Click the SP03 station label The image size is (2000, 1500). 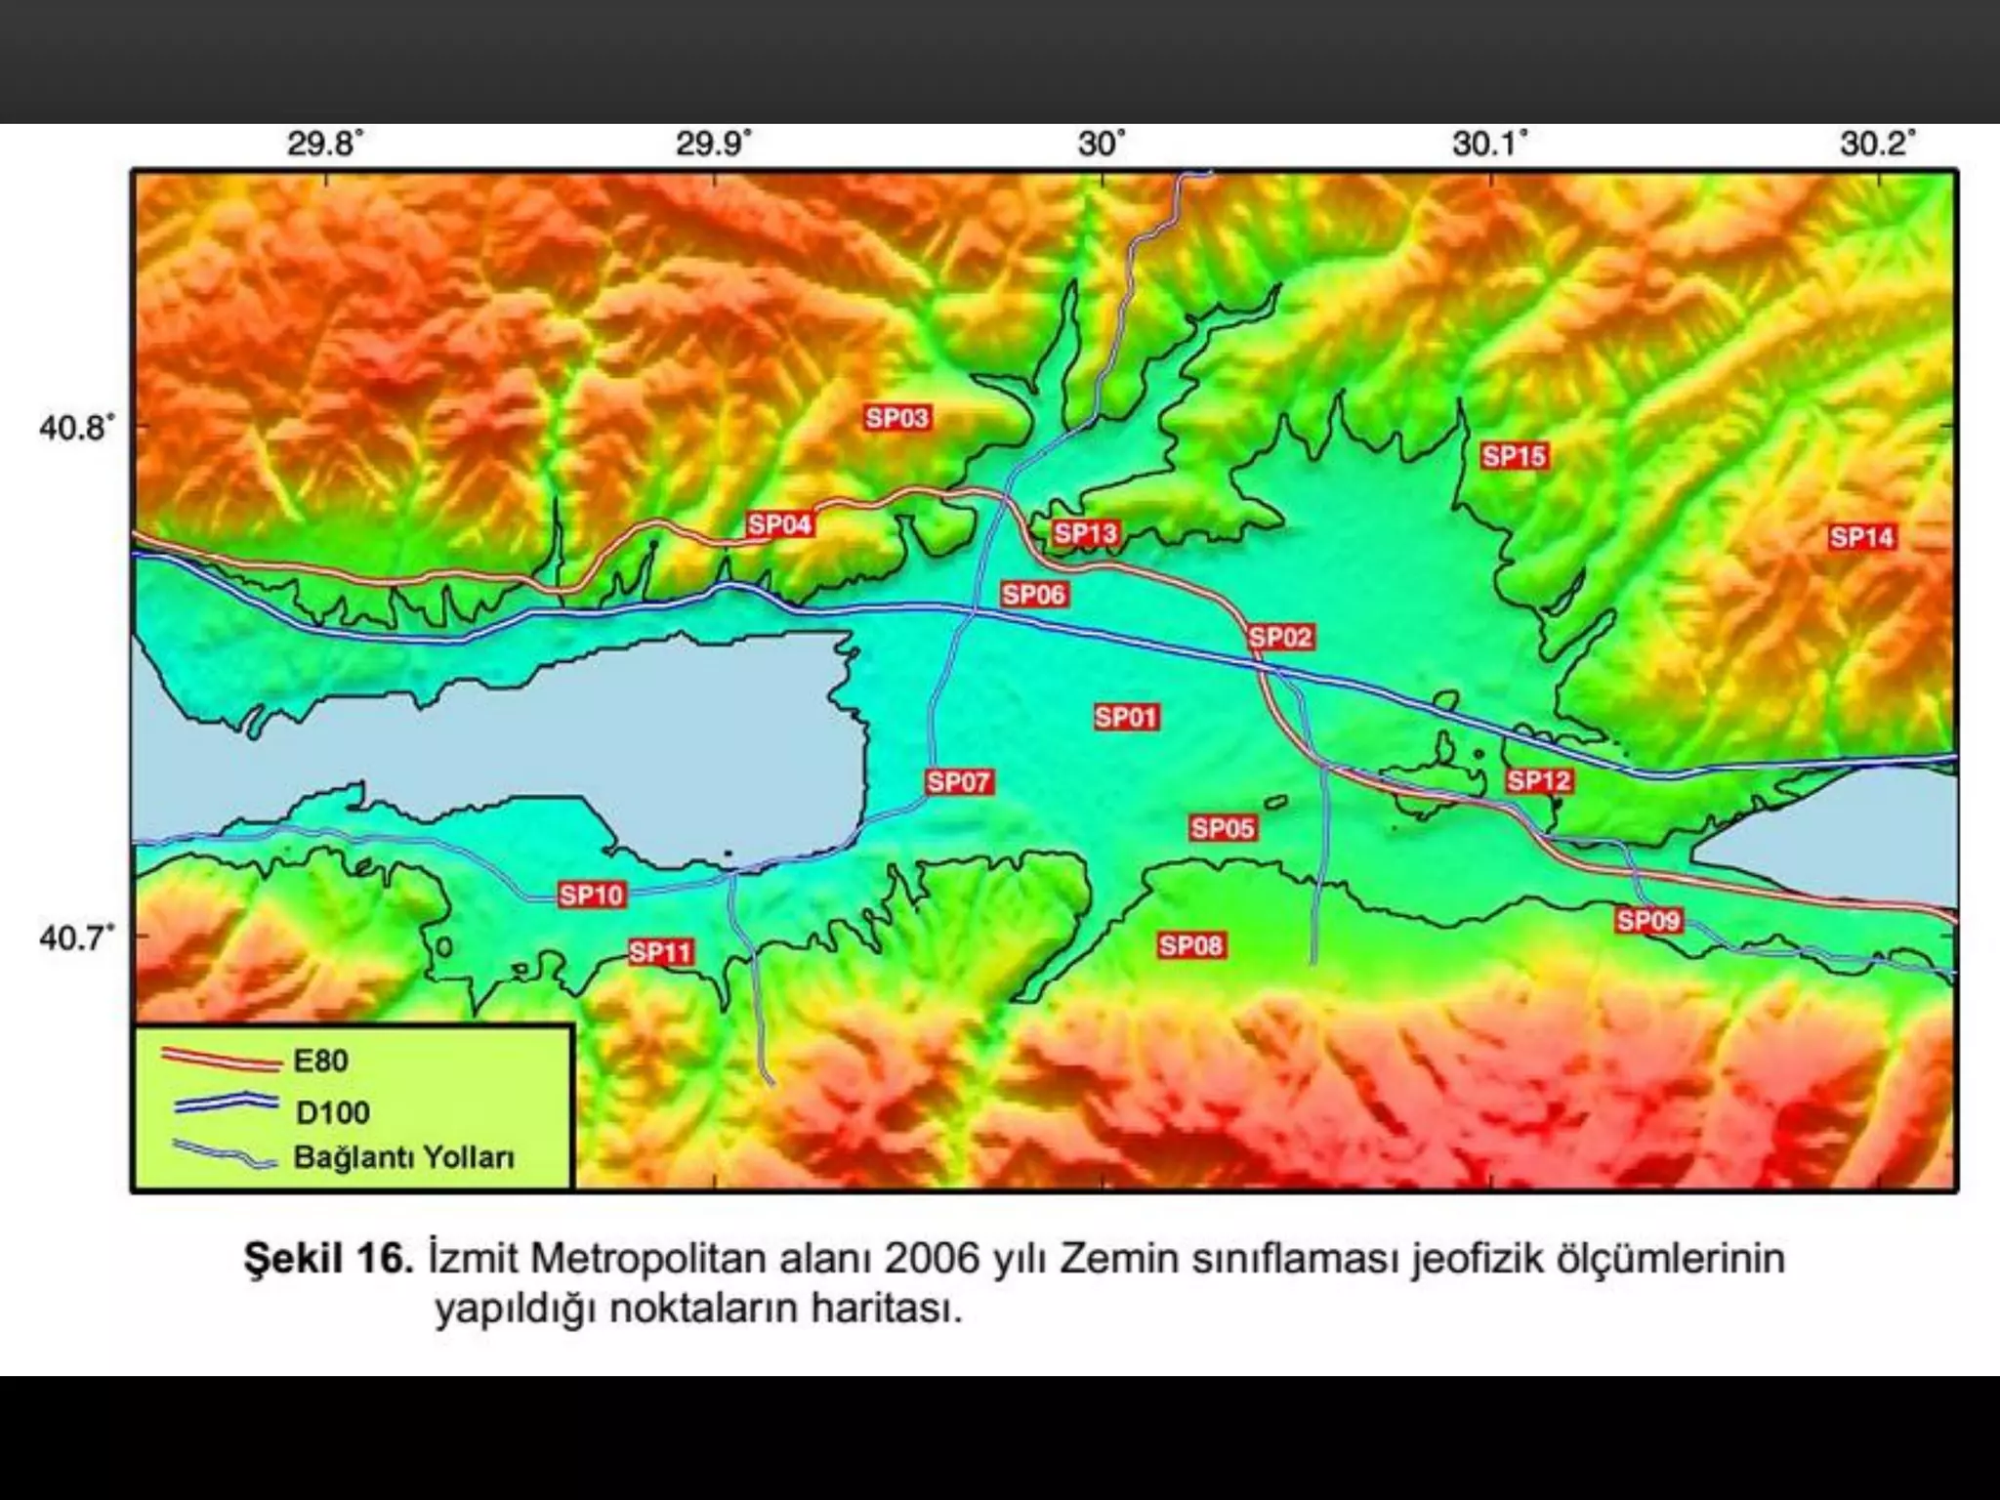(896, 418)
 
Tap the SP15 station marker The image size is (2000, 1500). (1514, 456)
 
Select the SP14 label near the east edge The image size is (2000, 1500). (1861, 537)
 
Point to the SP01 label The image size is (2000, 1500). (1125, 718)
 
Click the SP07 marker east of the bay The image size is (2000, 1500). (958, 782)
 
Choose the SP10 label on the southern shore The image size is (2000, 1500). (591, 896)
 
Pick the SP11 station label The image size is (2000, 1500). (660, 952)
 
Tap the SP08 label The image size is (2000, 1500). (1190, 945)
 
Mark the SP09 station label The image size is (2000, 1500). (1648, 920)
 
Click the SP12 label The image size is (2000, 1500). (1538, 781)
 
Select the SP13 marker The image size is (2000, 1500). (1085, 533)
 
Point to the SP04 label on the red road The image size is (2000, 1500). (779, 525)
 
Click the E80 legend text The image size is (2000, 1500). (320, 1061)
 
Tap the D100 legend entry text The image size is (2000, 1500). (332, 1112)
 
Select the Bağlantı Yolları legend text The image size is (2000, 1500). (403, 1158)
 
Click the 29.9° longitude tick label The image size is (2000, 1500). (714, 145)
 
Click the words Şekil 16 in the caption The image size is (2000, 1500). (328, 1259)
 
